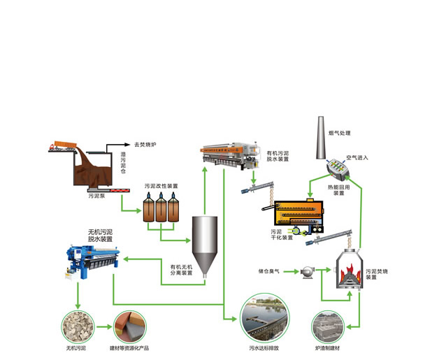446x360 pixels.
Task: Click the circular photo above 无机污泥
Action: [75, 326]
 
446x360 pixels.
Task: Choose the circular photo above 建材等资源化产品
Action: [130, 326]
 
